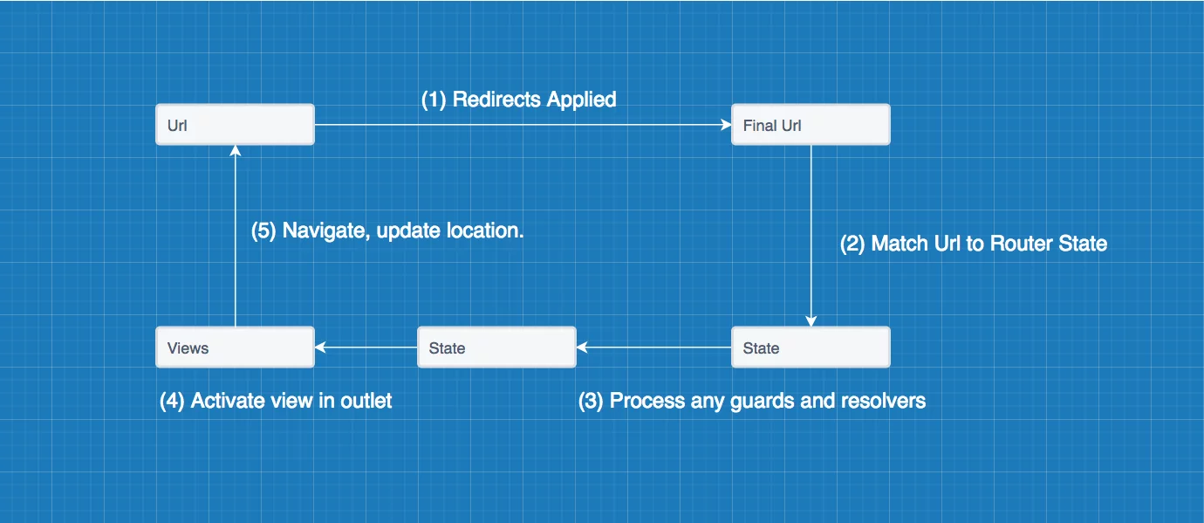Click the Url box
coord(235,124)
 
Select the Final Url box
coord(811,124)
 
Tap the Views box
coord(235,347)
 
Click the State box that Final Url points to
coord(811,347)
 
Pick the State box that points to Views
coord(496,347)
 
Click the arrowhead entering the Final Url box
coord(726,125)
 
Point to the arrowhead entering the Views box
coord(320,347)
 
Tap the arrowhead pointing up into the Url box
coord(235,151)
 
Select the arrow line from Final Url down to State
coord(811,236)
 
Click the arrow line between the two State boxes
coord(653,347)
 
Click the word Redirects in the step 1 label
coord(496,100)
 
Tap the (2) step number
coord(852,244)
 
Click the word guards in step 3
coord(763,402)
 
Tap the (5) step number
coord(263,231)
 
